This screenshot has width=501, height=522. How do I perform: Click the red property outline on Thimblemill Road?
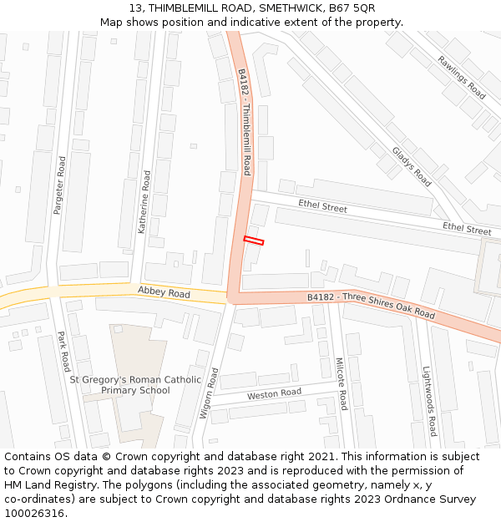254,241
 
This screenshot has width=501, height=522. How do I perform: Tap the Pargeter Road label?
59,185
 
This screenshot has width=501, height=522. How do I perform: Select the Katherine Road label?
144,202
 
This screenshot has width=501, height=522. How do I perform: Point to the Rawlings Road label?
461,78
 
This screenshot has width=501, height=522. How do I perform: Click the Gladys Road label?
412,166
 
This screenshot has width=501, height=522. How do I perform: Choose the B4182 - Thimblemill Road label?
245,122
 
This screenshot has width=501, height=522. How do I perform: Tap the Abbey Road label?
164,293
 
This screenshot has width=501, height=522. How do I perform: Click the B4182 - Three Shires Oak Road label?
371,305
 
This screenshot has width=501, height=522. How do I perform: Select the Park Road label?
63,352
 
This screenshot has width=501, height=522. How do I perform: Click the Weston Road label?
274,393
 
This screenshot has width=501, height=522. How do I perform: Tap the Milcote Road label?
341,384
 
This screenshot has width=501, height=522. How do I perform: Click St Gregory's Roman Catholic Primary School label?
135,384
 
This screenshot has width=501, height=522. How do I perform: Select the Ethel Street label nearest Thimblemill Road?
322,206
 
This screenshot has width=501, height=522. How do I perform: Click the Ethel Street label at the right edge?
467,229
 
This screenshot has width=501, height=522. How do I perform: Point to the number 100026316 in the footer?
34,514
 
